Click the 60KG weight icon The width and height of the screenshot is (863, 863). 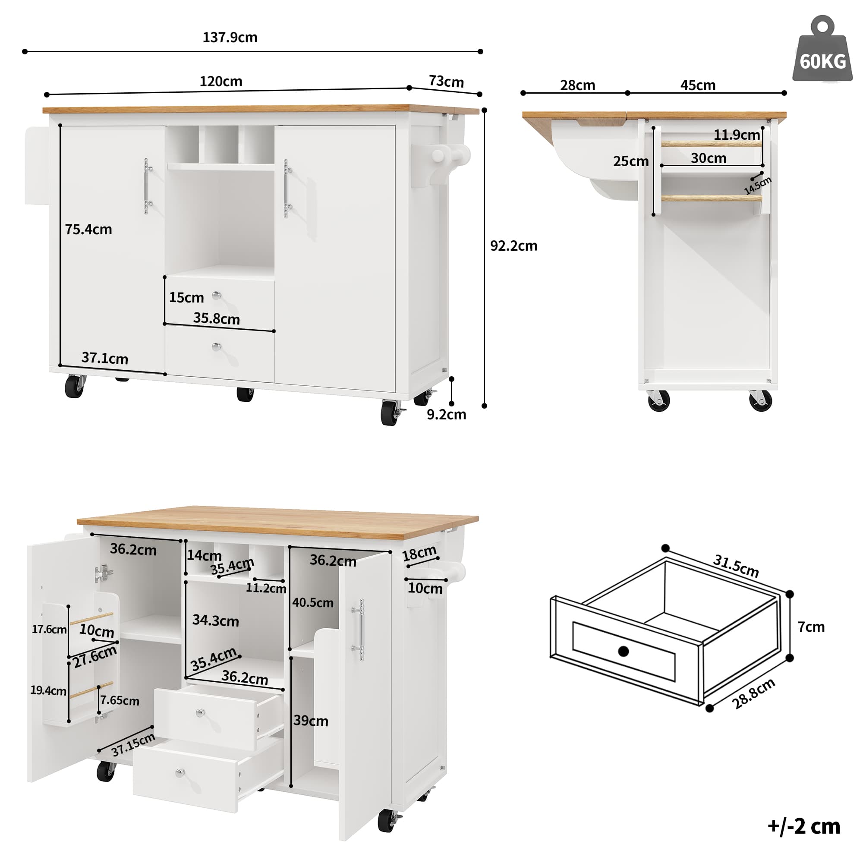coord(822,51)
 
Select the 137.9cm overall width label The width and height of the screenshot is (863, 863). coord(230,37)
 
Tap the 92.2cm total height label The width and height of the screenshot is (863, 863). coord(513,246)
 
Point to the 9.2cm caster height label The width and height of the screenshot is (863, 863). coord(446,415)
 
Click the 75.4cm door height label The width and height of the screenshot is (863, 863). coord(88,230)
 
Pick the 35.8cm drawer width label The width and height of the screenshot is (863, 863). coord(217,318)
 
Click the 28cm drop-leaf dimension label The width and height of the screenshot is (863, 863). coord(578,85)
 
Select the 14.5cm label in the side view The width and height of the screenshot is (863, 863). coord(758,186)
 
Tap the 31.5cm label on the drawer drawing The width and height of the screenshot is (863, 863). coord(736,566)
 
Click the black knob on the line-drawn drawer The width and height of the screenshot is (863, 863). coord(623,651)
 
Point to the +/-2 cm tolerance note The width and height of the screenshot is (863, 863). coord(803,826)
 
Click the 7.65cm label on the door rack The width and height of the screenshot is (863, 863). coord(119,700)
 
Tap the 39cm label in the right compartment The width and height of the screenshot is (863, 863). coord(310,721)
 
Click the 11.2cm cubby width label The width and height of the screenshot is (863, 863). coord(266,588)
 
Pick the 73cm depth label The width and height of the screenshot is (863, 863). coord(446,82)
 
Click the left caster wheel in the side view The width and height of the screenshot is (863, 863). coord(659,400)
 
